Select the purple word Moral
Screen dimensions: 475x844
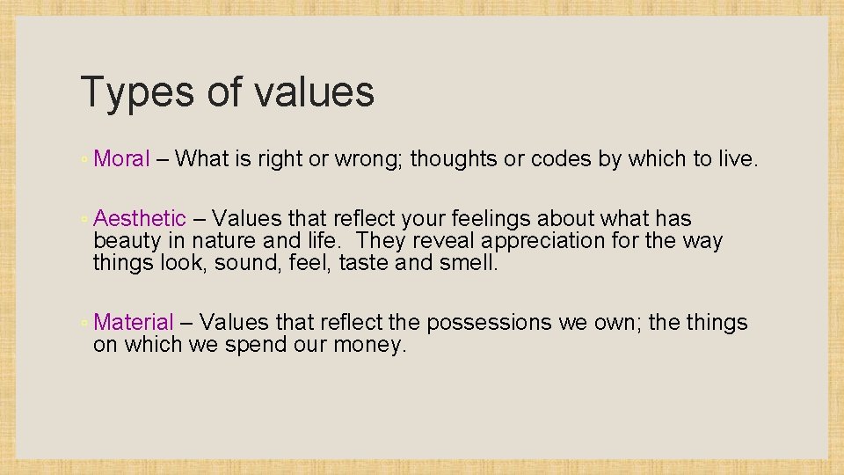122,158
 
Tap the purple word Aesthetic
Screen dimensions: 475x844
140,218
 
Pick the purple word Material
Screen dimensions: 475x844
134,323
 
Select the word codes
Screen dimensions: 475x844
560,158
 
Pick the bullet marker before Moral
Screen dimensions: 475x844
84,160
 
